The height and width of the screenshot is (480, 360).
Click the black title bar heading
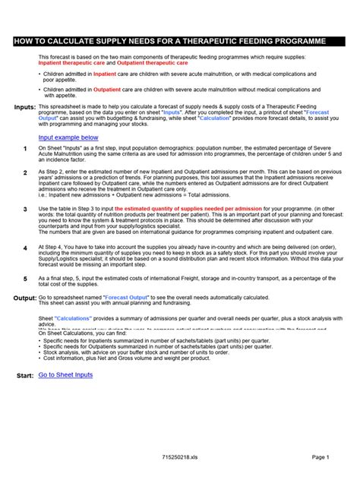[179, 40]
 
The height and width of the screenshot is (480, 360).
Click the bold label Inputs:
[25, 108]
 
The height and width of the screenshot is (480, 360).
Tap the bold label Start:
[25, 376]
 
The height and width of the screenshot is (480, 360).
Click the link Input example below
[74, 137]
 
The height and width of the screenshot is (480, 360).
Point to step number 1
[25, 149]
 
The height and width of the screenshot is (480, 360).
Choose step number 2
[25, 173]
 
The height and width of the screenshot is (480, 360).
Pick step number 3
[25, 209]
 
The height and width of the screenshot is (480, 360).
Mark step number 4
[25, 248]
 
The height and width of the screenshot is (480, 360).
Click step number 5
[25, 279]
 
